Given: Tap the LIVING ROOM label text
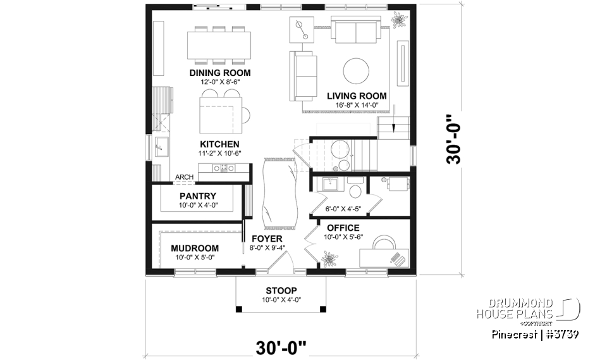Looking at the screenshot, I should (357, 96).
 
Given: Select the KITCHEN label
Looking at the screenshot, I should (219, 144).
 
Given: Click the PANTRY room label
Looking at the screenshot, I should (197, 196).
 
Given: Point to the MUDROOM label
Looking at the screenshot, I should (195, 248).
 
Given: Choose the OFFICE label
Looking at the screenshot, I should (343, 228).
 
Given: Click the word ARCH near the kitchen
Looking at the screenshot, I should (184, 177).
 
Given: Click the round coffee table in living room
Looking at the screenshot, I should (357, 71).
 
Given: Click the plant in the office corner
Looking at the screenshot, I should (329, 259).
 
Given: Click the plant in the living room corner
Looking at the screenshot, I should (398, 20).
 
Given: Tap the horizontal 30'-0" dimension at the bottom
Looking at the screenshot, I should (281, 347).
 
